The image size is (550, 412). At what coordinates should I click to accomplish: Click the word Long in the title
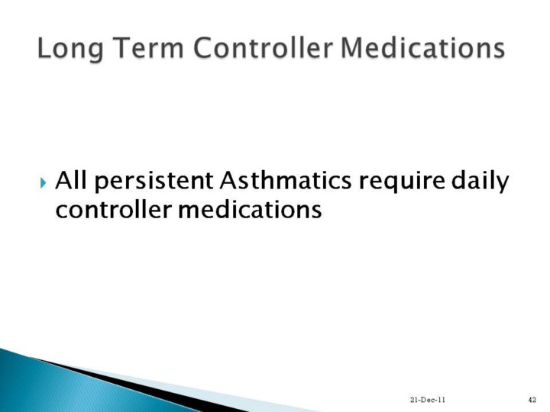coord(70,50)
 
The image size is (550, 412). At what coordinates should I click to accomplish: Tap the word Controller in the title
coord(262,47)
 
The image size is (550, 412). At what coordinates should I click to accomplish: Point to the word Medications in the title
coord(422,47)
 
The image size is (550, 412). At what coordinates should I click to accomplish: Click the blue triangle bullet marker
coord(43,182)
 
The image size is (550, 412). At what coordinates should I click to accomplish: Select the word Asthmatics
coord(286,180)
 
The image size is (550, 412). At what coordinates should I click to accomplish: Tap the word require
coord(401,183)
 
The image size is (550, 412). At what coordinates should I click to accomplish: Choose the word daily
coord(480,182)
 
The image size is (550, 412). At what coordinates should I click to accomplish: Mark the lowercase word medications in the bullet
coord(250,210)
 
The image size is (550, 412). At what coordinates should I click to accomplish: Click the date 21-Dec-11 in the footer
coord(427,400)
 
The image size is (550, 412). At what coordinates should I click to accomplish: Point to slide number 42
coord(532,400)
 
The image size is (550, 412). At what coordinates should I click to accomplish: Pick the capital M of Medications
coord(352,47)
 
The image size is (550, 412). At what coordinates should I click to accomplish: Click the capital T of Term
coord(120,47)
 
